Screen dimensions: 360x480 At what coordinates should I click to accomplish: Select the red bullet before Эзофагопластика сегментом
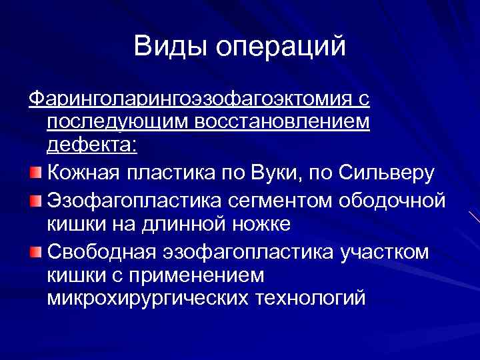(35, 199)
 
